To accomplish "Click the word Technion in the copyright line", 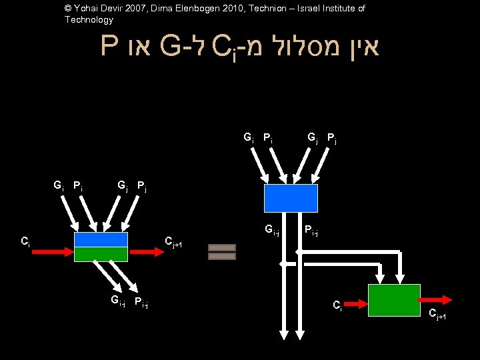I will click(x=248, y=9).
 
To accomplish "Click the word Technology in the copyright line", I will click(x=89, y=20).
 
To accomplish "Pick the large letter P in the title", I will click(x=111, y=47).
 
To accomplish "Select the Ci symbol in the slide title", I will click(x=222, y=48).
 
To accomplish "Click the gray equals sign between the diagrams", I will click(x=222, y=252).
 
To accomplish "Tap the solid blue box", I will click(x=291, y=198).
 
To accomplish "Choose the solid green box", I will click(x=394, y=300).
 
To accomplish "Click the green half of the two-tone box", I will click(x=101, y=254).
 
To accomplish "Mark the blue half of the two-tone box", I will click(x=101, y=239).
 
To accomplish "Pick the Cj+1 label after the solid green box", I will click(x=437, y=315).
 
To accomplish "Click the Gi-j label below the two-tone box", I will click(x=118, y=302).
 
